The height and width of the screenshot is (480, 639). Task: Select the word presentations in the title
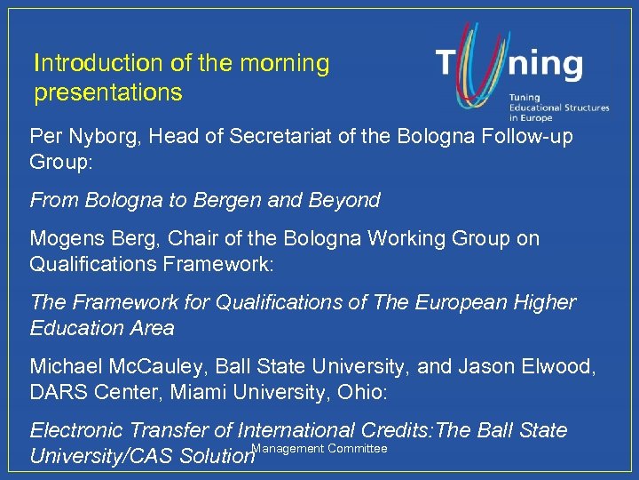tap(107, 92)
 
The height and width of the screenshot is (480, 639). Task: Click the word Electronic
tap(78, 431)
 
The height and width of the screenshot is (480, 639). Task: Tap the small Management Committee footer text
tap(320, 449)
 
